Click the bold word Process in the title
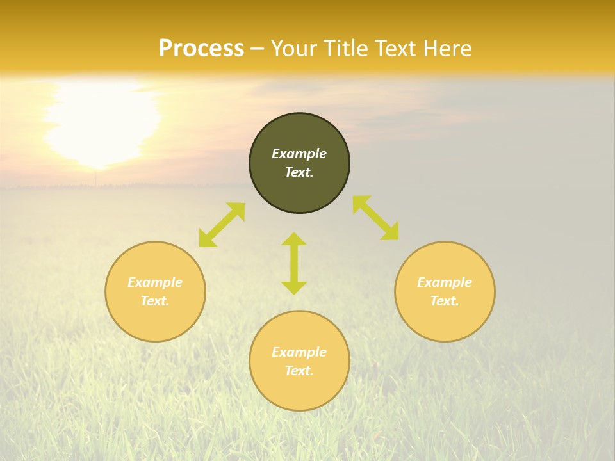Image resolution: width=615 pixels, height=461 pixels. click(201, 49)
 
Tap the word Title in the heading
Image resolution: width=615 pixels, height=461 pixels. click(351, 49)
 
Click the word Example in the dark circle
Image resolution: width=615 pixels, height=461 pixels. click(299, 154)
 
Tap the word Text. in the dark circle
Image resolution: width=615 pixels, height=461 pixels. click(299, 172)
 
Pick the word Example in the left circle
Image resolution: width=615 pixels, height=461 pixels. click(155, 282)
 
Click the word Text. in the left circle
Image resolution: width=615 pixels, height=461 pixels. click(155, 301)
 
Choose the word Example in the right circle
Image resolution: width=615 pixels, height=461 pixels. click(445, 282)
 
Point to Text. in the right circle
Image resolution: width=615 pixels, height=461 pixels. click(445, 301)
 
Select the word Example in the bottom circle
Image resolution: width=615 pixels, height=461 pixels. click(299, 352)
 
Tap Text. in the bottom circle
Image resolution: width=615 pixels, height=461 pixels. click(299, 371)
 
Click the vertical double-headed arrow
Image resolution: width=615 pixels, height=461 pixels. click(294, 263)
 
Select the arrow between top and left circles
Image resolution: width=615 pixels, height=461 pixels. click(222, 225)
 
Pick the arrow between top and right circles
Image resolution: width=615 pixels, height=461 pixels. click(376, 218)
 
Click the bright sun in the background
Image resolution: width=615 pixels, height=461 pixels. click(102, 122)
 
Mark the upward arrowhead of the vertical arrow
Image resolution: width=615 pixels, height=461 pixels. click(294, 239)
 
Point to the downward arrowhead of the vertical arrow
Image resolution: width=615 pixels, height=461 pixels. click(294, 288)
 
